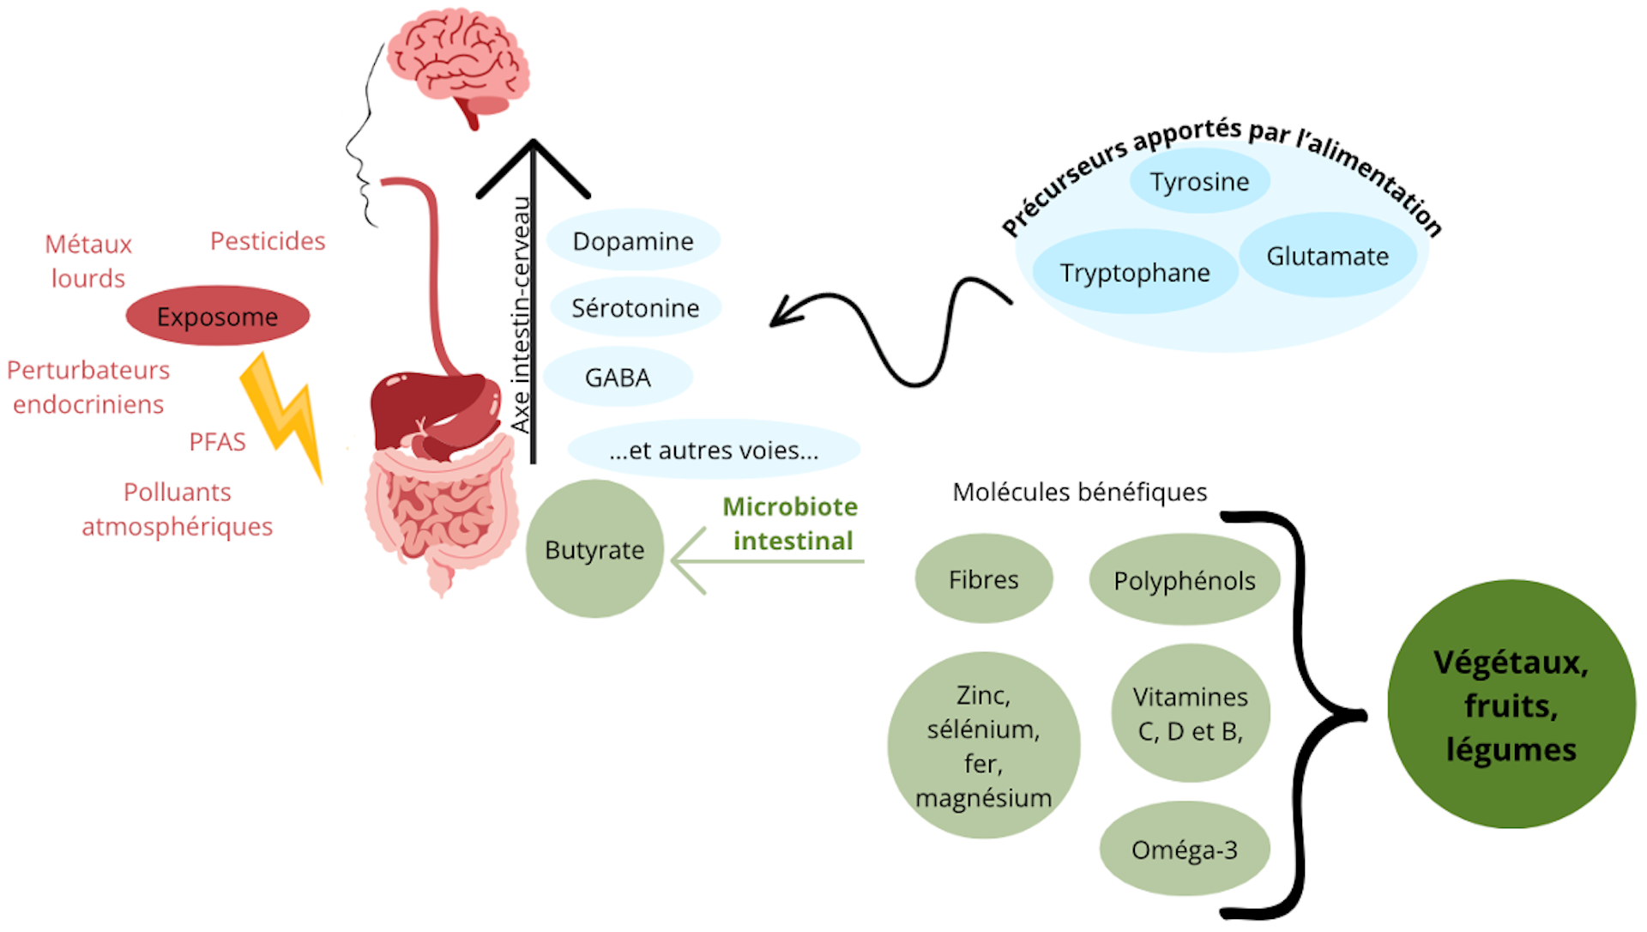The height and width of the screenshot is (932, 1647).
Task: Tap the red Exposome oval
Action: (x=217, y=317)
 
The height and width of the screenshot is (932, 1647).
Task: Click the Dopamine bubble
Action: (x=633, y=241)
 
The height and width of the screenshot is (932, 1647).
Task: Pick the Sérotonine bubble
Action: (x=635, y=308)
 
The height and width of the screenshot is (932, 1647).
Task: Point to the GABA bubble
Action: (x=618, y=378)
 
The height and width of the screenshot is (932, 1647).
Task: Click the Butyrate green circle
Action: (x=594, y=549)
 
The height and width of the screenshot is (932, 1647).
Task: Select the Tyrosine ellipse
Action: (x=1199, y=182)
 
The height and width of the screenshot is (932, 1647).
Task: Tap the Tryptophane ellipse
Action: (x=1134, y=273)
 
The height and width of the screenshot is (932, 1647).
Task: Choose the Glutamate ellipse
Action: (x=1327, y=256)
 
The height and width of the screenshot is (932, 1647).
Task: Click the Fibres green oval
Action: (x=983, y=579)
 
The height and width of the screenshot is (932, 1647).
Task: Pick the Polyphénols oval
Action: (x=1184, y=581)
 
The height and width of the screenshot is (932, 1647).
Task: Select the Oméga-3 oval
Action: (x=1184, y=850)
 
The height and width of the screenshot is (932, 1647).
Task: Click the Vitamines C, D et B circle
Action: (x=1190, y=713)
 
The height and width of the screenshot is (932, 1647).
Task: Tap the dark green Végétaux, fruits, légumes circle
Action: (x=1511, y=705)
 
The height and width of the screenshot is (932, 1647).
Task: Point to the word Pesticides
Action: (x=268, y=241)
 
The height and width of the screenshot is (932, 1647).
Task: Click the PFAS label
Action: (x=217, y=442)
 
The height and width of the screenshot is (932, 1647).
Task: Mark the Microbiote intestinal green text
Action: (x=791, y=523)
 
